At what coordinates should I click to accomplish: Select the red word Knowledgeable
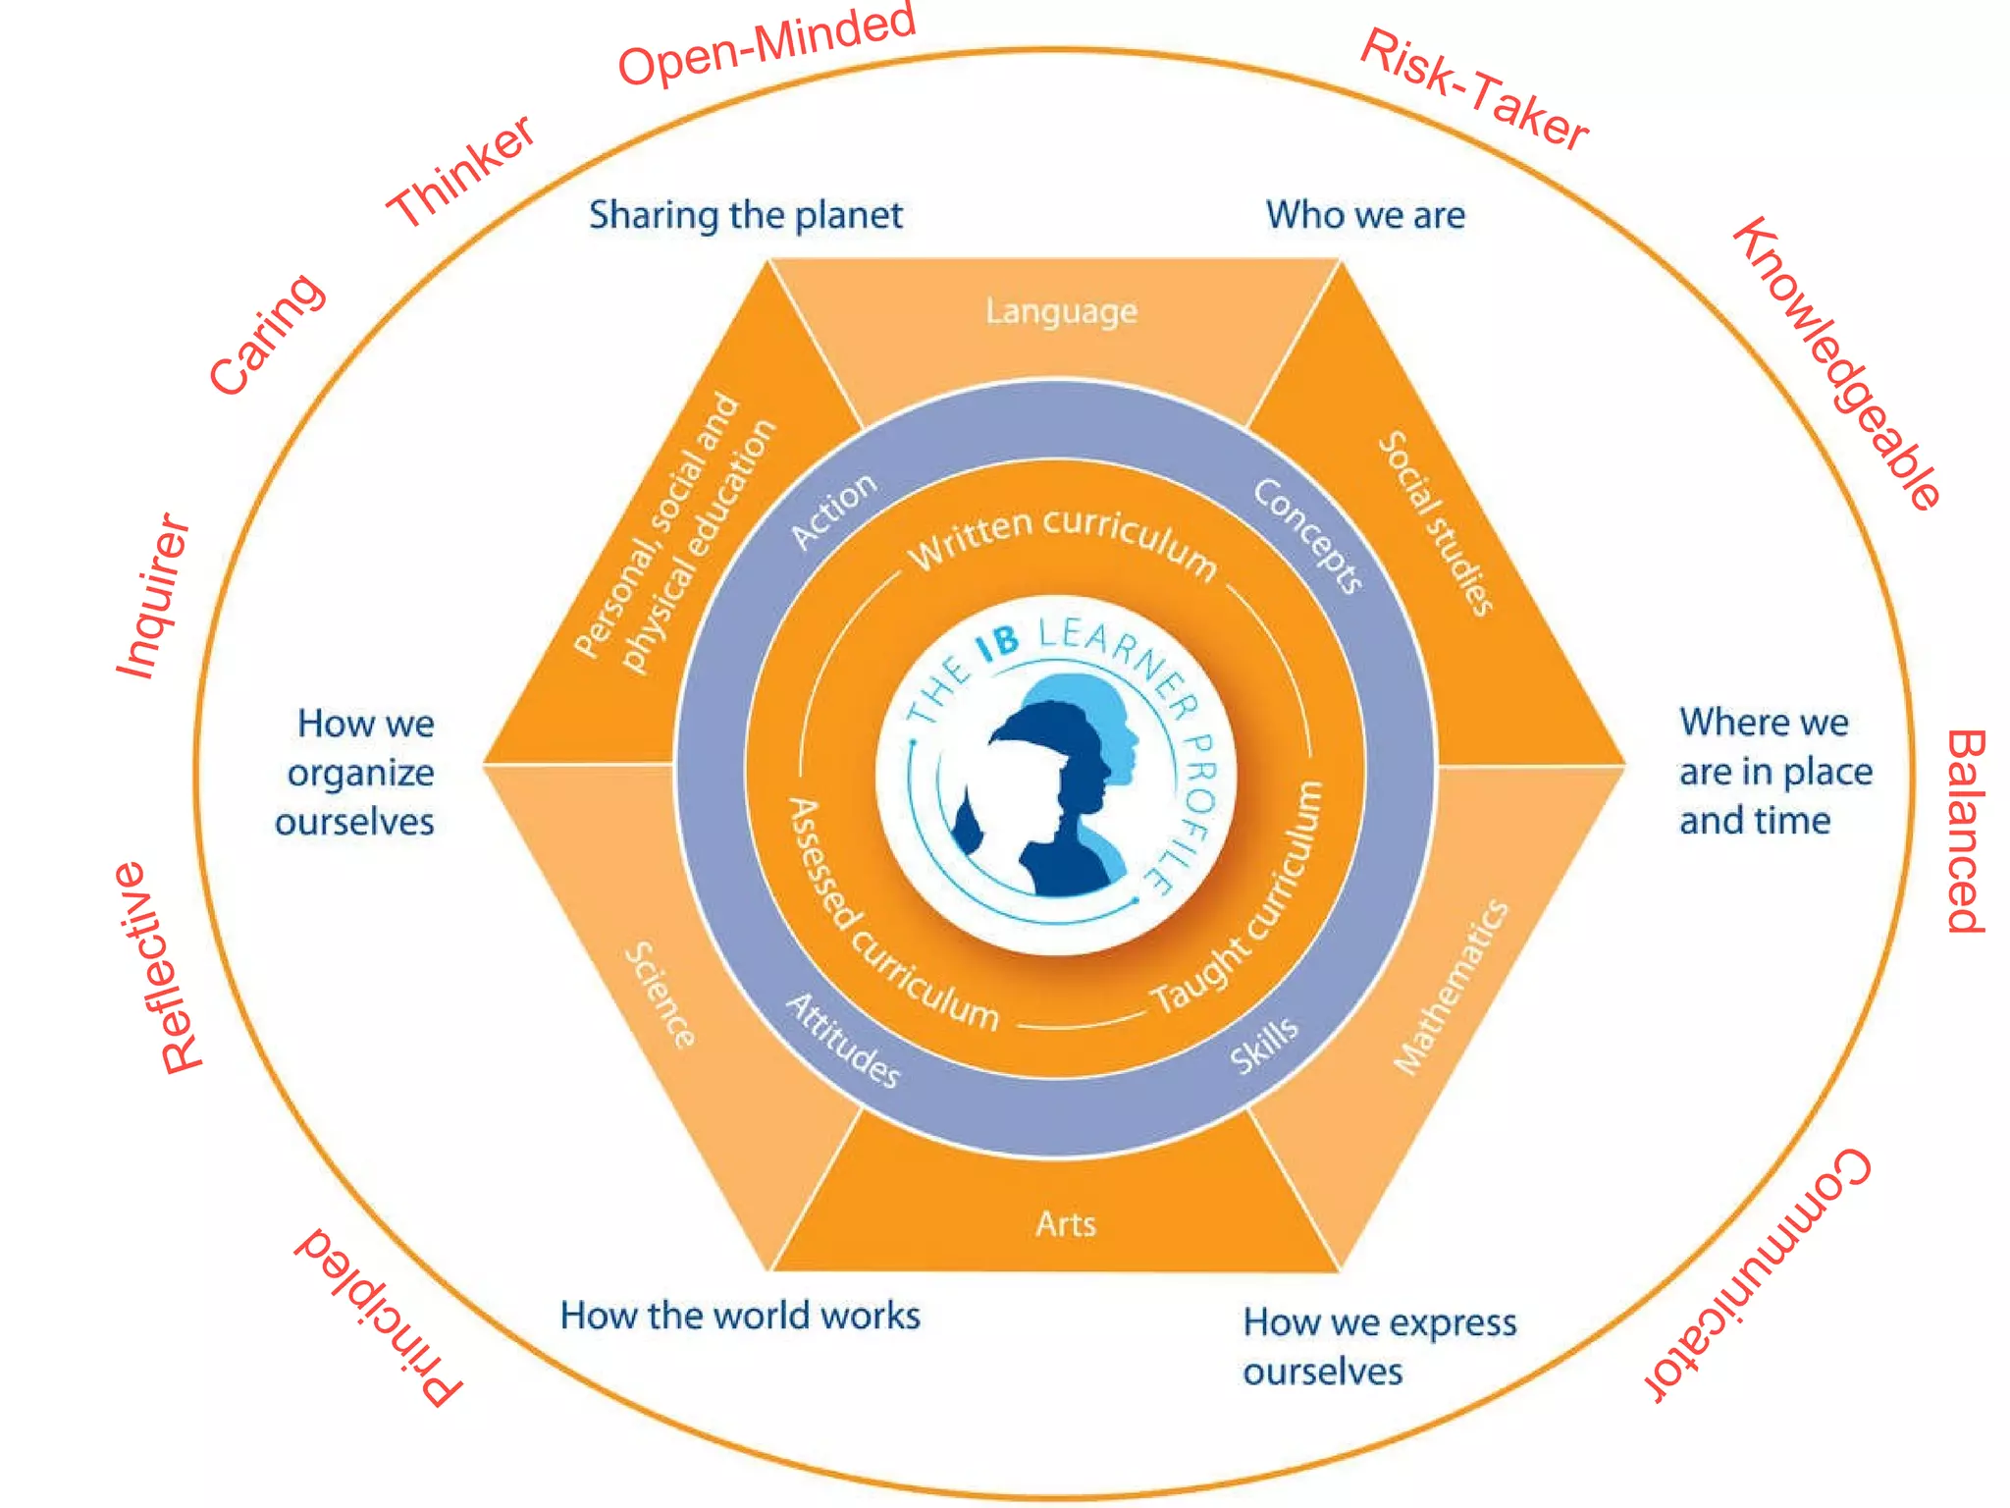(x=1836, y=363)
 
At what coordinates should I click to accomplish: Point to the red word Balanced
(x=1966, y=831)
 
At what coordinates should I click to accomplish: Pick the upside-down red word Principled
(x=379, y=1316)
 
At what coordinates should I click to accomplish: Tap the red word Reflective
(x=157, y=968)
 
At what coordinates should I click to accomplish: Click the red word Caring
(x=266, y=335)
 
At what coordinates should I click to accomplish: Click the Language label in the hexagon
(x=1062, y=311)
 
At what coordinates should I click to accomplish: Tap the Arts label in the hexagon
(x=1066, y=1224)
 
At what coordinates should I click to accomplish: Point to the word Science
(x=661, y=995)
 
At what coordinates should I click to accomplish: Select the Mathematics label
(x=1452, y=987)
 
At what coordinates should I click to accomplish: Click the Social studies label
(x=1436, y=523)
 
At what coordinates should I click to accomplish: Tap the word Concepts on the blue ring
(x=1307, y=536)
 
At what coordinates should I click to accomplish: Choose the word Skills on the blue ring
(x=1265, y=1046)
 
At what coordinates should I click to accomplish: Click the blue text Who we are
(x=1365, y=215)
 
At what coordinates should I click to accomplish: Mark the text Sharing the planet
(x=746, y=215)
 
